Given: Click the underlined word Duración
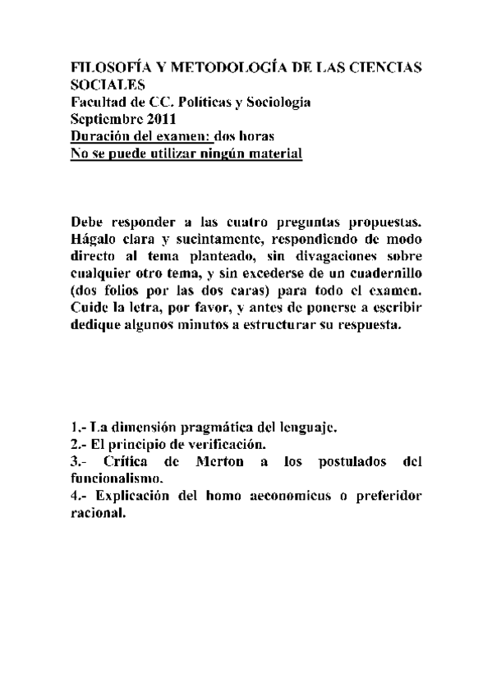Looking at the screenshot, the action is (102, 136).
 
